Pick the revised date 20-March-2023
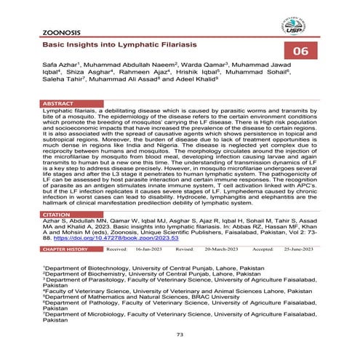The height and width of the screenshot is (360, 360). click(x=222, y=249)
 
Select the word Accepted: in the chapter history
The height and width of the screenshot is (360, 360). click(x=260, y=249)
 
